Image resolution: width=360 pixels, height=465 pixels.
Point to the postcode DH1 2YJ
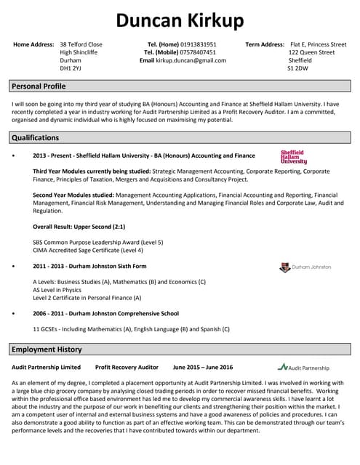[x=71, y=69]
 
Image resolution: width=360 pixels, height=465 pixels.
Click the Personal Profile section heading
[x=39, y=86]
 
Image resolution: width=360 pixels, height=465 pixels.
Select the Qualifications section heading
[x=35, y=138]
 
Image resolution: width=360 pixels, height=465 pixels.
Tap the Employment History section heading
[x=45, y=349]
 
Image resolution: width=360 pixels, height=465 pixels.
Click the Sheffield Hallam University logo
[x=293, y=157]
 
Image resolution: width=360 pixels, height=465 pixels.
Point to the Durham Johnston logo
[x=305, y=267]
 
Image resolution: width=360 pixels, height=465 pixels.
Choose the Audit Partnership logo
[x=303, y=368]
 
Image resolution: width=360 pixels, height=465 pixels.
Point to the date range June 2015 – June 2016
[x=202, y=368]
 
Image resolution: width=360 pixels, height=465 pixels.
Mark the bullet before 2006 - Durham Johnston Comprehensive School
[x=14, y=314]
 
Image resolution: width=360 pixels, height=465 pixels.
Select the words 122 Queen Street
[x=311, y=52]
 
